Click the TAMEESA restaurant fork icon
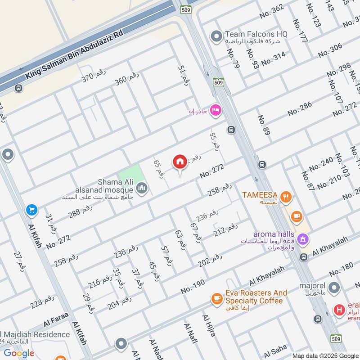click(x=285, y=196)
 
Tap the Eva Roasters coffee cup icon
click(x=217, y=297)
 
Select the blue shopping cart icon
click(x=32, y=210)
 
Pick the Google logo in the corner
click(x=19, y=353)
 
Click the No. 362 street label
click(x=271, y=12)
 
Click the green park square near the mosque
click(x=130, y=175)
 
